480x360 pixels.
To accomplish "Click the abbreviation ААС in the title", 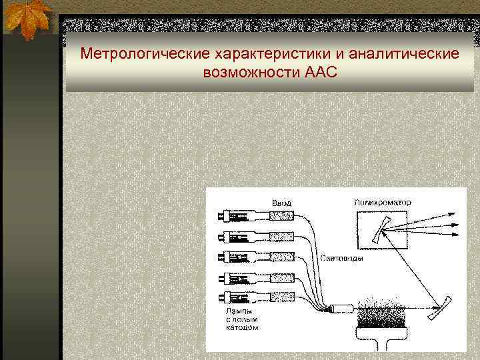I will pyautogui.click(x=321, y=71).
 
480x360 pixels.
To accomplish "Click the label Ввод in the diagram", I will pyautogui.click(x=281, y=202).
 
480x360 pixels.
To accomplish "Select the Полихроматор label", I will pyautogui.click(x=382, y=201).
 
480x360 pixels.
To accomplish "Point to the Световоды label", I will pyautogui.click(x=342, y=259).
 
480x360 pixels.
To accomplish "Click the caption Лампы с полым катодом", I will pyautogui.click(x=238, y=319).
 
